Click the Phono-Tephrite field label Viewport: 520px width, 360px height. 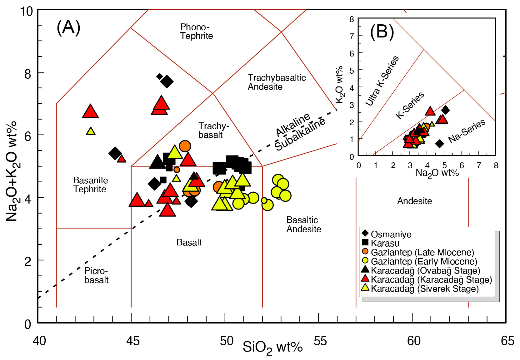point(197,31)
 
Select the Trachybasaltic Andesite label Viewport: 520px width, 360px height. point(277,82)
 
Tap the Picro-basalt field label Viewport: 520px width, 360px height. point(96,275)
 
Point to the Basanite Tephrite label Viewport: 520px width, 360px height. point(90,185)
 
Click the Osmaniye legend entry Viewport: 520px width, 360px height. point(391,234)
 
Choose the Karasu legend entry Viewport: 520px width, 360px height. point(385,243)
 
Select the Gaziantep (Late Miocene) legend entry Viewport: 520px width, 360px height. point(422,252)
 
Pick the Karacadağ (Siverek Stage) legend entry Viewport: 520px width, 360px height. point(424,288)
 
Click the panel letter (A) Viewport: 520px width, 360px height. point(68,27)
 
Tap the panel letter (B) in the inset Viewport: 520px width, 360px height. point(382,32)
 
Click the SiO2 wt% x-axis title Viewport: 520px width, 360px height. point(272,347)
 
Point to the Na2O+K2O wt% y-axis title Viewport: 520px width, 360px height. point(12,171)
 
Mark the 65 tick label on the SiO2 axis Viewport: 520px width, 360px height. point(507,341)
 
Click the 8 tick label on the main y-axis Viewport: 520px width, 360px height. point(28,74)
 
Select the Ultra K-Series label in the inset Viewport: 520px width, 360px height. point(382,81)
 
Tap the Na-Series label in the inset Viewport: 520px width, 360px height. point(467,131)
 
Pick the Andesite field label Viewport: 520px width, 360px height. point(414,201)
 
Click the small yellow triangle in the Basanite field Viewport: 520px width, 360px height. point(91,131)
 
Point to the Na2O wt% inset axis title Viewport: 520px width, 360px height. point(437,173)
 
